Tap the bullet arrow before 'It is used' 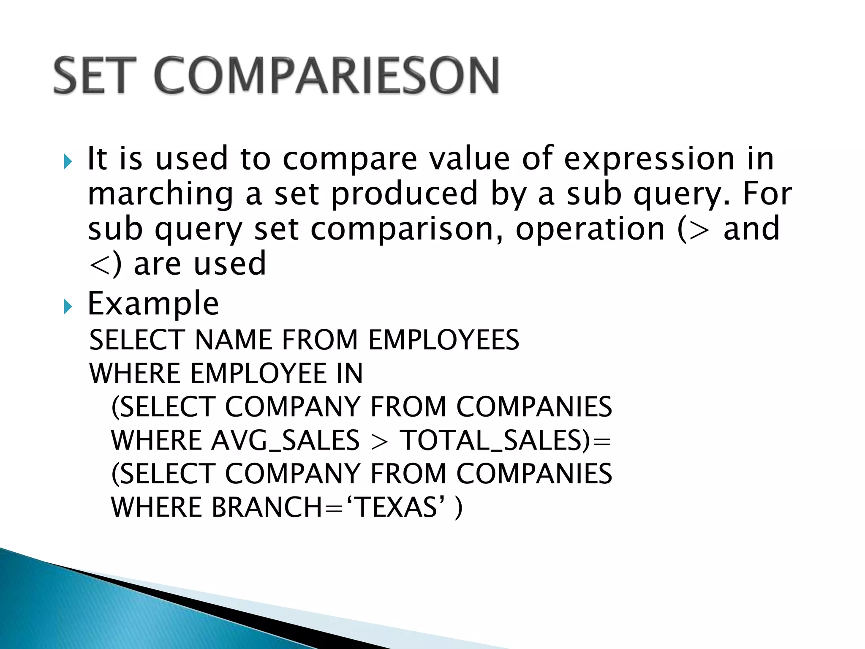click(x=68, y=161)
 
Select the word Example click(x=153, y=303)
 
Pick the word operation click(x=590, y=229)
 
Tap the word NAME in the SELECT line click(x=234, y=340)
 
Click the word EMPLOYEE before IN click(x=258, y=374)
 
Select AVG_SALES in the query click(x=286, y=440)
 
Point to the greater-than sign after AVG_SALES click(x=379, y=442)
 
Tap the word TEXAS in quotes click(x=397, y=507)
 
